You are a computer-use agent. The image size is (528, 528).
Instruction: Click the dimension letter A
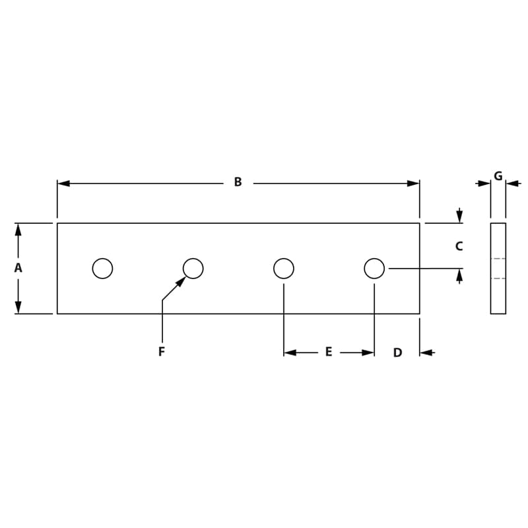pyautogui.click(x=18, y=268)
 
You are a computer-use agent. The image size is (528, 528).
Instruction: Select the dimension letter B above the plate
pyautogui.click(x=238, y=182)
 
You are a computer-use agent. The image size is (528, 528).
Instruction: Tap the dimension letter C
pyautogui.click(x=459, y=246)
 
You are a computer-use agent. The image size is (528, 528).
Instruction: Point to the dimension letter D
pyautogui.click(x=397, y=353)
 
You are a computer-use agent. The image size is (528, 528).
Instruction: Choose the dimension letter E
pyautogui.click(x=328, y=352)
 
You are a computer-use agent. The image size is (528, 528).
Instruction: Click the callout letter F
pyautogui.click(x=162, y=352)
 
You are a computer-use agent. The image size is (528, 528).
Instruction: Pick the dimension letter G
pyautogui.click(x=498, y=176)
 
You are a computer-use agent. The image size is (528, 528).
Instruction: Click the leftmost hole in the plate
pyautogui.click(x=102, y=269)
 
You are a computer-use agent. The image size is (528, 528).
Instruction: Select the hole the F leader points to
pyautogui.click(x=193, y=269)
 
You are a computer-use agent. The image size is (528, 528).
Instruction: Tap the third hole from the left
pyautogui.click(x=284, y=269)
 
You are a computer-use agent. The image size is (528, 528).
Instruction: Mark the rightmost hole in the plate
pyautogui.click(x=374, y=269)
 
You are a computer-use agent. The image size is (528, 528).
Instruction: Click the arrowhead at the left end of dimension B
pyautogui.click(x=64, y=183)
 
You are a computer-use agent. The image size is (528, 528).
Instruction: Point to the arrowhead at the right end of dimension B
pyautogui.click(x=413, y=183)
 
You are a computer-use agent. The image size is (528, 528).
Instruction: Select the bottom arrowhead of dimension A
pyautogui.click(x=18, y=307)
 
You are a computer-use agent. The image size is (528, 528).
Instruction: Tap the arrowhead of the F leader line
pyautogui.click(x=181, y=282)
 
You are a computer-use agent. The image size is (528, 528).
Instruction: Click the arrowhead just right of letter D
pyautogui.click(x=426, y=353)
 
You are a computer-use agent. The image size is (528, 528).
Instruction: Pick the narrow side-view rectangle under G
pyautogui.click(x=498, y=269)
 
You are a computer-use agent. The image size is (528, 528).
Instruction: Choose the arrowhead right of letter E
pyautogui.click(x=368, y=353)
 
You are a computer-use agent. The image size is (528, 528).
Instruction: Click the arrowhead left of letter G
pyautogui.click(x=484, y=183)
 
